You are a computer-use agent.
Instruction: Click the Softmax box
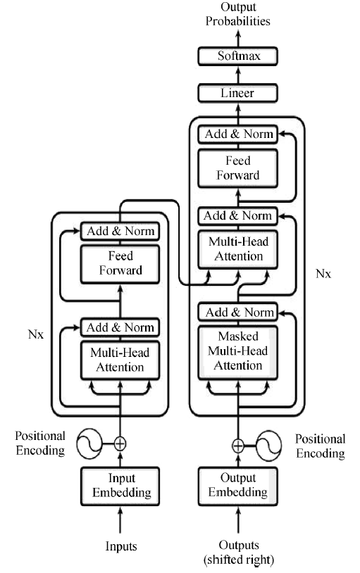tap(238, 56)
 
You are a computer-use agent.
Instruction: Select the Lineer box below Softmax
tap(238, 93)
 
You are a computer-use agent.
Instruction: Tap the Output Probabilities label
tap(238, 14)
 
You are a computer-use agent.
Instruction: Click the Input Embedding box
tap(120, 486)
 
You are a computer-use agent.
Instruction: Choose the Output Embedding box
tap(238, 486)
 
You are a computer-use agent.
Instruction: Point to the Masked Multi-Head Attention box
tap(238, 352)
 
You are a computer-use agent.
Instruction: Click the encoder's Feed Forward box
tap(120, 264)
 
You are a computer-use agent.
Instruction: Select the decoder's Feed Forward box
tap(238, 168)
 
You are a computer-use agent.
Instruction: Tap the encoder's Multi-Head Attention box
tap(120, 360)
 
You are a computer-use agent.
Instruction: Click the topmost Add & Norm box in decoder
tap(238, 134)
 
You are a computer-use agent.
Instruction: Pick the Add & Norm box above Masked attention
tap(238, 313)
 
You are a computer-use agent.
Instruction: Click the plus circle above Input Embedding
tap(120, 443)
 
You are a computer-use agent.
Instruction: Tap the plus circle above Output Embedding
tap(238, 446)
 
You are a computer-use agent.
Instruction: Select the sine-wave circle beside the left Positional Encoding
tap(89, 443)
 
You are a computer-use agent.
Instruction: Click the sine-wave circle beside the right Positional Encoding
tap(268, 446)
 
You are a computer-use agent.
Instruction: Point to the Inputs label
tap(121, 546)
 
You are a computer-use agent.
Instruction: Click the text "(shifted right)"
tap(239, 560)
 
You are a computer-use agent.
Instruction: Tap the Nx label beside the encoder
tap(36, 334)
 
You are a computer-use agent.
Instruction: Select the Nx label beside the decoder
tap(323, 273)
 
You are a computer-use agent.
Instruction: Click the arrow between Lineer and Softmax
tap(238, 75)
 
